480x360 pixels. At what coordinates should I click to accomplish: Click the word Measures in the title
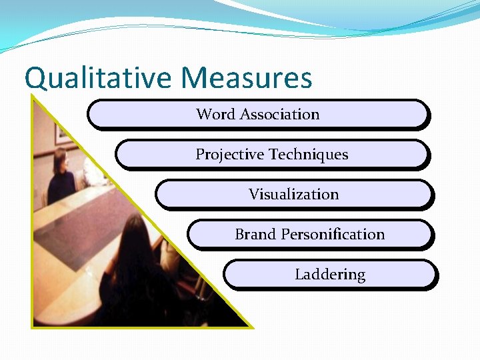246,78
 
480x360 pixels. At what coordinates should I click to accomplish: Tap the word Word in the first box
215,115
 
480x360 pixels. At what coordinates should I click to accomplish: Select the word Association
279,115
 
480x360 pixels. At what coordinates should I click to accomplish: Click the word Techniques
309,155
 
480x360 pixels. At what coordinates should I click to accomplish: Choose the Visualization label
293,195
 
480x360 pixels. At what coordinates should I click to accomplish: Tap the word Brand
255,235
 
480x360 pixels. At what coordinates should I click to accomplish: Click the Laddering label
330,275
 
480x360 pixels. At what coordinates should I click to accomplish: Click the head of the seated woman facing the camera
59,160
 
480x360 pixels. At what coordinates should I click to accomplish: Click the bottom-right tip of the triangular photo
252,327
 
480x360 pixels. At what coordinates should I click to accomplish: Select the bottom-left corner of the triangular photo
33,327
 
